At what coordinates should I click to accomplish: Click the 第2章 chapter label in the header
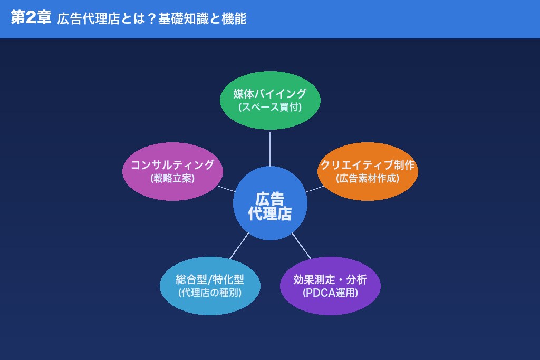click(x=31, y=18)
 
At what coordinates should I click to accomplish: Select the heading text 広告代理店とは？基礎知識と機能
click(x=151, y=19)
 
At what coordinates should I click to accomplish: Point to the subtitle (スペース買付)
click(x=270, y=107)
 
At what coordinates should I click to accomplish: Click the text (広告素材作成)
click(x=368, y=178)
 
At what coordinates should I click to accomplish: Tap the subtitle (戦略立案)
click(x=172, y=178)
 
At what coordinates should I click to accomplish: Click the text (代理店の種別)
click(x=210, y=293)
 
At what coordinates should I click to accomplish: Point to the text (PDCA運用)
click(x=330, y=293)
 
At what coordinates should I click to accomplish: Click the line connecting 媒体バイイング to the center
click(x=270, y=148)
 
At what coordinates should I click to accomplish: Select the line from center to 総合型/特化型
click(x=239, y=246)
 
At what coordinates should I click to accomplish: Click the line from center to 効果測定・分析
click(x=302, y=246)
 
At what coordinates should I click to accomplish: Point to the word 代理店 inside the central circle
click(x=270, y=213)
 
